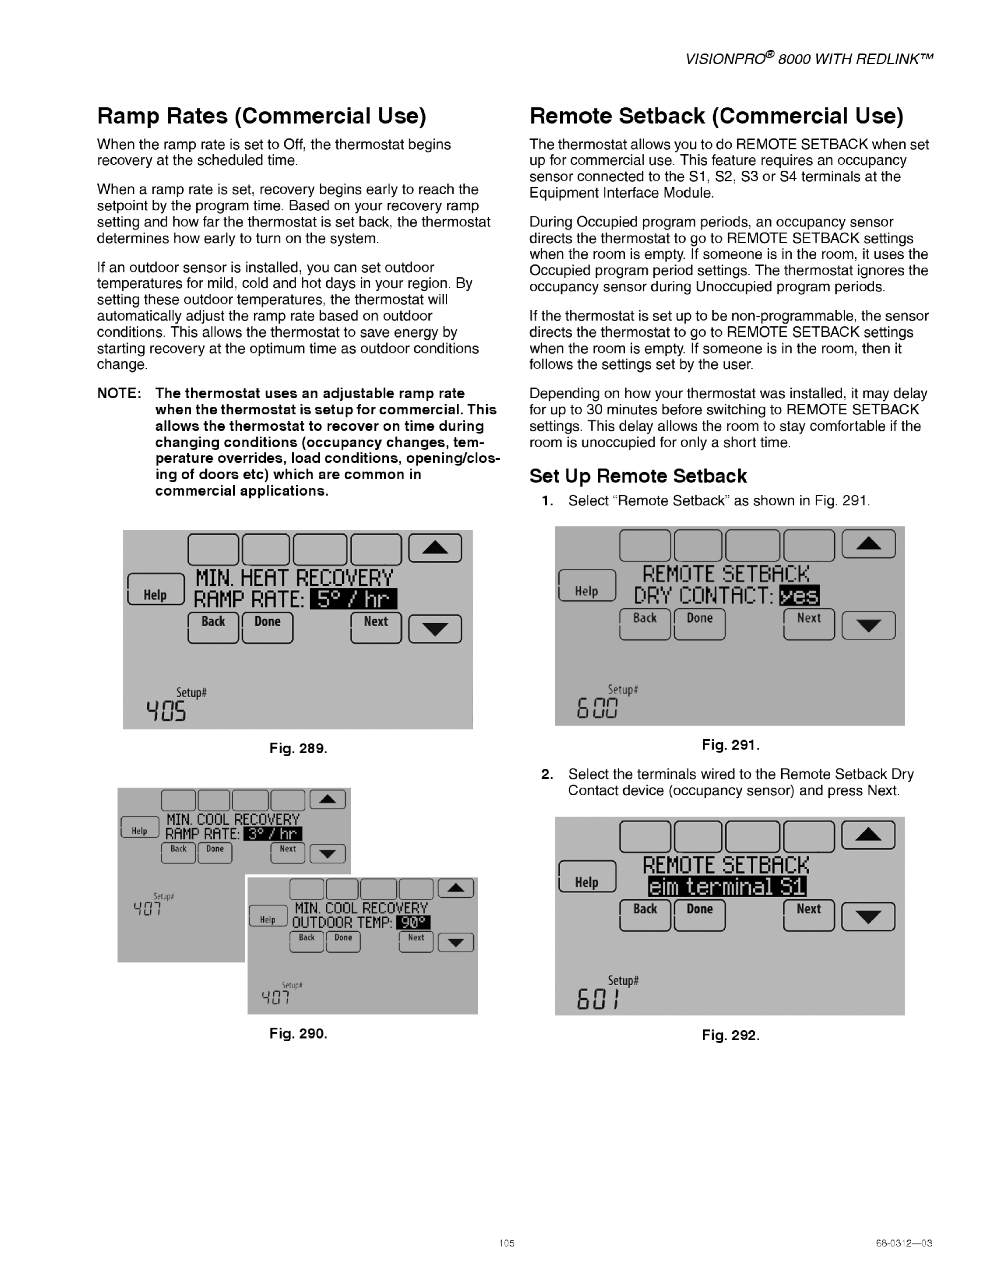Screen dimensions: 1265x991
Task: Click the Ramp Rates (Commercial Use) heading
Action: point(262,116)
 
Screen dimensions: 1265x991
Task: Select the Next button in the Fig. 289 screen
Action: point(376,627)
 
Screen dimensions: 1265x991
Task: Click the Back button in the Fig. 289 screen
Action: point(213,627)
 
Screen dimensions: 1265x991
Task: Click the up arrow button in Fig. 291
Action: point(869,544)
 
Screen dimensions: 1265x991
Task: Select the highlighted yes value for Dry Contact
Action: point(800,595)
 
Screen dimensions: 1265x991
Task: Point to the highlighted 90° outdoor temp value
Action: point(413,922)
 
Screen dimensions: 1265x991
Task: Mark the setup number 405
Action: point(166,711)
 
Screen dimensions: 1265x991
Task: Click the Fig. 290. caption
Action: point(298,1034)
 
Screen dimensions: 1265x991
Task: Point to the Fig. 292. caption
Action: point(730,1035)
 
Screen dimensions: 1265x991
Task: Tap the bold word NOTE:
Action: point(119,393)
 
